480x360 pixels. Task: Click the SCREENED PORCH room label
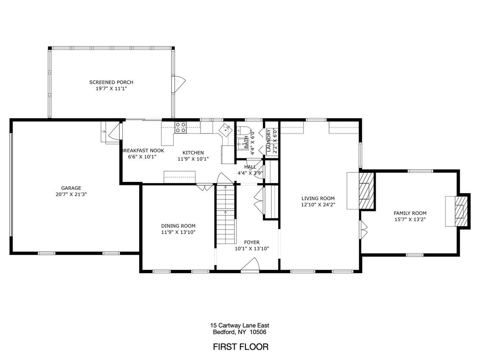pyautogui.click(x=111, y=82)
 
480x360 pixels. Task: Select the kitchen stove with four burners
pyautogui.click(x=180, y=128)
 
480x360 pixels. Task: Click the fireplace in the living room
pyautogui.click(x=366, y=190)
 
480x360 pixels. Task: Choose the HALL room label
pyautogui.click(x=250, y=167)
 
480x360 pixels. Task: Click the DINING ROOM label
pyautogui.click(x=178, y=226)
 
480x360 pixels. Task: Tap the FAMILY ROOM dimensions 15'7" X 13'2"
pyautogui.click(x=410, y=219)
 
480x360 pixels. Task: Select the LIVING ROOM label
pyautogui.click(x=318, y=198)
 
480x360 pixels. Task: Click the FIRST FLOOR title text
pyautogui.click(x=240, y=347)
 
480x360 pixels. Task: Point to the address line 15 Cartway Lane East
pyautogui.click(x=240, y=326)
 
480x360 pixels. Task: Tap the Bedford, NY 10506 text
pyautogui.click(x=240, y=332)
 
